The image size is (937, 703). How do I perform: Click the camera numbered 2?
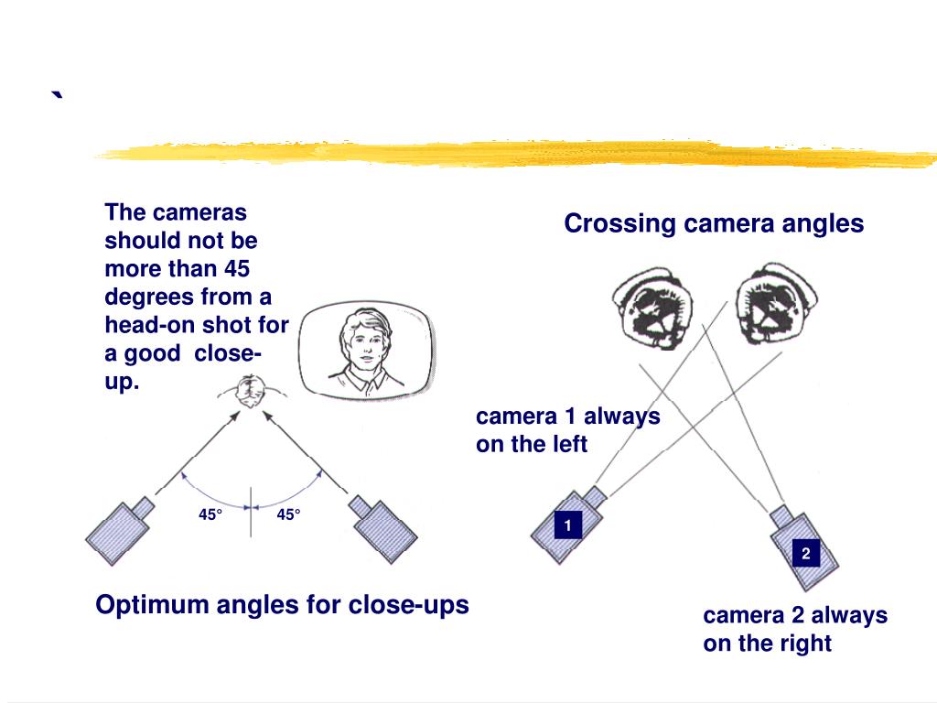point(803,549)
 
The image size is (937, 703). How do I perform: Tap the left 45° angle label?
point(210,514)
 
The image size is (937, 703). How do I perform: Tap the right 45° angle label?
point(289,514)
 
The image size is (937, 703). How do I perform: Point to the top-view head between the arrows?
point(247,392)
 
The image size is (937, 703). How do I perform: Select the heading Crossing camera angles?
point(714,224)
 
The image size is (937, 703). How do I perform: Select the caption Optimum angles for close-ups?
point(282,605)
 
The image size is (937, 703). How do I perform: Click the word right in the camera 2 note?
point(805,644)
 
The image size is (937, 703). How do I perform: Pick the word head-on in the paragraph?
point(145,325)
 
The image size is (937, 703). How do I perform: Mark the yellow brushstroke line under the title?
point(512,153)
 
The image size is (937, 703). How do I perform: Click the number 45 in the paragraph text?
point(237,269)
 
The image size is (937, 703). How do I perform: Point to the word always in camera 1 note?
point(622,416)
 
